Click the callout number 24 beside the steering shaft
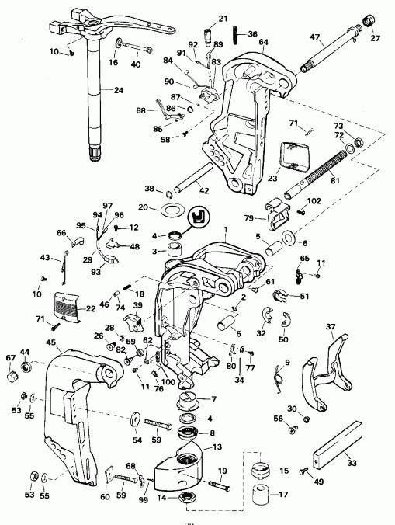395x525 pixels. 118,90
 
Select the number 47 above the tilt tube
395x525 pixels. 315,37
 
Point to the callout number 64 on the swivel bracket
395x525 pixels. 263,42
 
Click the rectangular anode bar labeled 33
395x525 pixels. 338,442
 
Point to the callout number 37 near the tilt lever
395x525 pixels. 331,326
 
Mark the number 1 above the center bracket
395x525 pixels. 225,230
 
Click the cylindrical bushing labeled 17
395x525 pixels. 257,494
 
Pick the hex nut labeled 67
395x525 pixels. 10,377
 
